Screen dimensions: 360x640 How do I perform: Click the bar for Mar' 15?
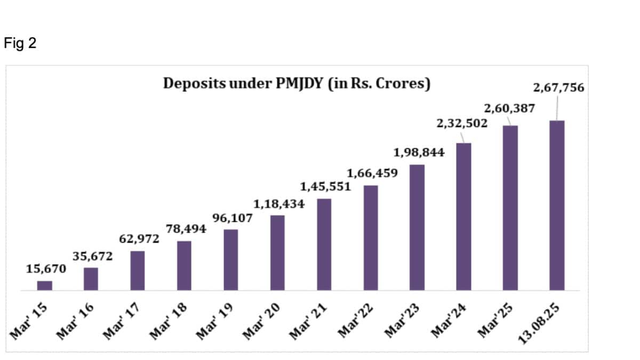[45, 285]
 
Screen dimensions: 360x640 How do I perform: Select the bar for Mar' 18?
[184, 266]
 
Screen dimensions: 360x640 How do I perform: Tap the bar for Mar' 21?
[324, 244]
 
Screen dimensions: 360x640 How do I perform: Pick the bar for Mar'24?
[463, 217]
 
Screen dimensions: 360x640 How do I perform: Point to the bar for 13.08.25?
[557, 205]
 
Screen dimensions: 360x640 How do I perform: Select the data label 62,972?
[139, 239]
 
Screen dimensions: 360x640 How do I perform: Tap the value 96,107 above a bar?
[233, 218]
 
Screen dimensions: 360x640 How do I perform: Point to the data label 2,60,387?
[509, 109]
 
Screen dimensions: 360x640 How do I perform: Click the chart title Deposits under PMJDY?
[297, 84]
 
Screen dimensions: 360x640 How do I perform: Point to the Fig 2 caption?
[20, 44]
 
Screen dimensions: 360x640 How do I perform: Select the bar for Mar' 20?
[277, 253]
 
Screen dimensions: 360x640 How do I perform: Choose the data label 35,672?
[93, 256]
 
